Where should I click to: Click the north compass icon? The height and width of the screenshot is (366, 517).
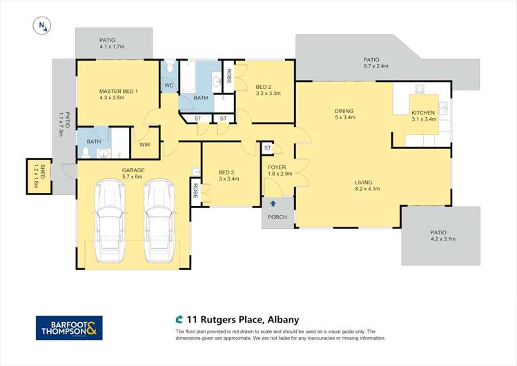click(43, 26)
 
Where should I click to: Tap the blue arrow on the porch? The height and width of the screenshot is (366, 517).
click(273, 203)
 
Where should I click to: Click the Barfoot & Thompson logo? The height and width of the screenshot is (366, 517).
click(69, 327)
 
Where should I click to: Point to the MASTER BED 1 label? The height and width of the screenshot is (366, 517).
click(119, 91)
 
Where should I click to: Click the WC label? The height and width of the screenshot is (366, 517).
click(168, 85)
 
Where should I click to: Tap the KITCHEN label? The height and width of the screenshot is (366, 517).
click(423, 112)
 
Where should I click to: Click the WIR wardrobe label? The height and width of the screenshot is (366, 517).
click(145, 145)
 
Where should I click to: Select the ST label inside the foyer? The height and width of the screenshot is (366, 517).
click(267, 148)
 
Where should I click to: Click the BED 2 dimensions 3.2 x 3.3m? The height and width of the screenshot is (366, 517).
click(268, 93)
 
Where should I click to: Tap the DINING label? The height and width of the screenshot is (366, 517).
click(344, 110)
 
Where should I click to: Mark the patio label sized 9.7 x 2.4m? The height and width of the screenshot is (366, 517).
click(376, 67)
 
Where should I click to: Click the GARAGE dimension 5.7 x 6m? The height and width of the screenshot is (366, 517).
click(133, 176)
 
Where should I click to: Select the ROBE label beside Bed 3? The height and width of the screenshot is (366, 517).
click(196, 191)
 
